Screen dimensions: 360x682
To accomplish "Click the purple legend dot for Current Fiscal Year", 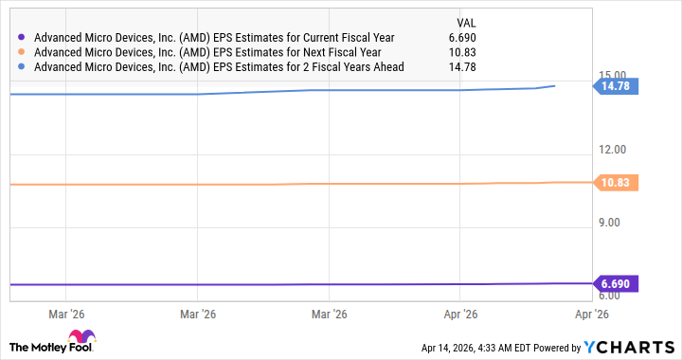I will click(21, 38).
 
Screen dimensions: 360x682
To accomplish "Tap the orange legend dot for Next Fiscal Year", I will click(21, 52).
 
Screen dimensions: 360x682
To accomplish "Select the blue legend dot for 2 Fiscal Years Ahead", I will click(21, 67).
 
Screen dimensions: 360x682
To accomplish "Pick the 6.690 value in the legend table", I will click(474, 38).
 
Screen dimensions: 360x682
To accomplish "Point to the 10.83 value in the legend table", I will click(474, 52).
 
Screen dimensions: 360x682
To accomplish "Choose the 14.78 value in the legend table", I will click(474, 67).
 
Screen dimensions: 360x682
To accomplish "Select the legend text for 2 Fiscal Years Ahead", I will click(219, 67).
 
